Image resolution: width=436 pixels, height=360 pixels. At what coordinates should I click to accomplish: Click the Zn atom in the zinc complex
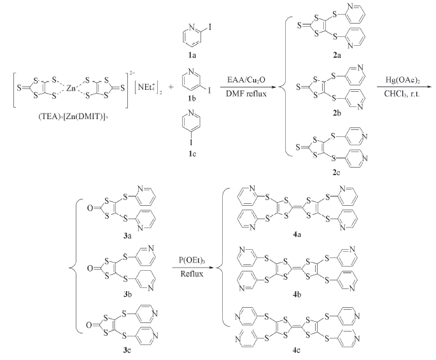point(71,89)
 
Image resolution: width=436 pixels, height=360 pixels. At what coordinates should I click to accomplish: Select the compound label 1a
point(192,55)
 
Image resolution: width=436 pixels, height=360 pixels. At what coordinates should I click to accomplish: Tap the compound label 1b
point(192,98)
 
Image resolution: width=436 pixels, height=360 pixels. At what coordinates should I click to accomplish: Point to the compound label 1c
point(192,154)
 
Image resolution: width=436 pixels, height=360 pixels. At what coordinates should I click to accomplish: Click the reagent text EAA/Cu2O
point(246,80)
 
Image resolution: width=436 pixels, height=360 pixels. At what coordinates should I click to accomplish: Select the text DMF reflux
point(246,94)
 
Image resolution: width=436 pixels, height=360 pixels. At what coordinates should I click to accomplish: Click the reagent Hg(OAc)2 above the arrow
point(402,80)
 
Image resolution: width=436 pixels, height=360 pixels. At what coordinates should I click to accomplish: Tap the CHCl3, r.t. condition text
point(402,94)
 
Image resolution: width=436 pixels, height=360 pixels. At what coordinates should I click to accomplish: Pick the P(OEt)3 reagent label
point(192,261)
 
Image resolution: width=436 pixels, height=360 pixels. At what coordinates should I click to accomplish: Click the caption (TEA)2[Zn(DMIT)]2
point(73,117)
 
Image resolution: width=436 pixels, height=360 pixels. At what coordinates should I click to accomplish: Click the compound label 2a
point(337,55)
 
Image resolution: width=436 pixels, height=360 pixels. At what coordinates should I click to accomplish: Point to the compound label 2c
point(337,173)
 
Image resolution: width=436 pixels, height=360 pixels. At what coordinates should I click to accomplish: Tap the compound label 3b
point(128,294)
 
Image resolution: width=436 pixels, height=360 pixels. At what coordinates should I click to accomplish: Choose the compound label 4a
point(297,234)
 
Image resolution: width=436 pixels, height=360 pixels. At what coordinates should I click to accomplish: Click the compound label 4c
point(297,350)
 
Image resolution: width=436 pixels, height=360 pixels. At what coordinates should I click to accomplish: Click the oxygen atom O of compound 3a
point(90,208)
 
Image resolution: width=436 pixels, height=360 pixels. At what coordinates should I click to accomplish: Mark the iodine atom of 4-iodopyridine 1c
point(191,143)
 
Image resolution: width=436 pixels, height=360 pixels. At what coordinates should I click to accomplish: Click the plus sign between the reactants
point(171,87)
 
